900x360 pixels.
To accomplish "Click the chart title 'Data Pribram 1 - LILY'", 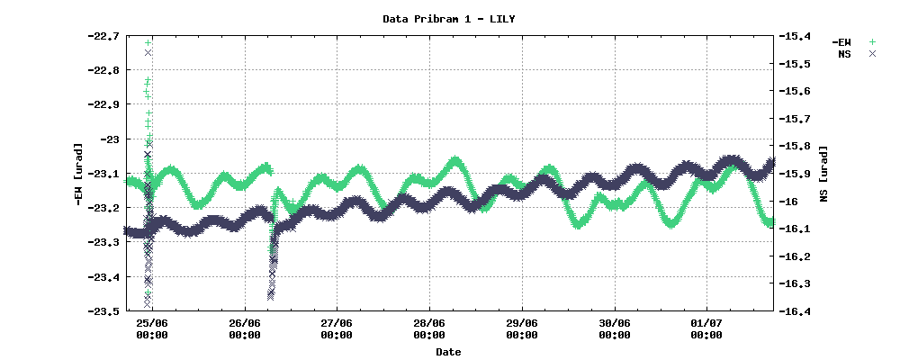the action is [x=449, y=19].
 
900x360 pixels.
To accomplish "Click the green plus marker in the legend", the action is [x=872, y=42].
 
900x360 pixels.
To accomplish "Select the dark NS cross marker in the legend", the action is [x=872, y=54].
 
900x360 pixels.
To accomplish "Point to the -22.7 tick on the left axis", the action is [x=103, y=36].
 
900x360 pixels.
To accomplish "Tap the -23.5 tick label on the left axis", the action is [x=103, y=311].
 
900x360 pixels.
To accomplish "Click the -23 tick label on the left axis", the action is [x=108, y=139].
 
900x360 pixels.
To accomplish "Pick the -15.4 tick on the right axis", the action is [x=795, y=36].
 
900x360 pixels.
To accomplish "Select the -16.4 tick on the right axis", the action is [x=795, y=311].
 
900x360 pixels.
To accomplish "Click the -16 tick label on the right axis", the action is [x=788, y=201].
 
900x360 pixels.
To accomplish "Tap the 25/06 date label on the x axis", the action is [x=152, y=323].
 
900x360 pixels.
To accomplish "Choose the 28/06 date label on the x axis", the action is [x=429, y=323].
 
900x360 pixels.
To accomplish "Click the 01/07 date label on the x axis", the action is [x=706, y=323].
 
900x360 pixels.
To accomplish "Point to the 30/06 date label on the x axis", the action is [x=614, y=323].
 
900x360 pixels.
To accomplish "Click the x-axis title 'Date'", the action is [x=448, y=351].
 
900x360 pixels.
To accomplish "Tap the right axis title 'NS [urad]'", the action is [x=824, y=174].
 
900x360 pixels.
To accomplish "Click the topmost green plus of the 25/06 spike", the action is [x=148, y=42].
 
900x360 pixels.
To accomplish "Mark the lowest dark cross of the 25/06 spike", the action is [x=147, y=304].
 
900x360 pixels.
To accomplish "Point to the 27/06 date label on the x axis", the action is [x=337, y=323].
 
